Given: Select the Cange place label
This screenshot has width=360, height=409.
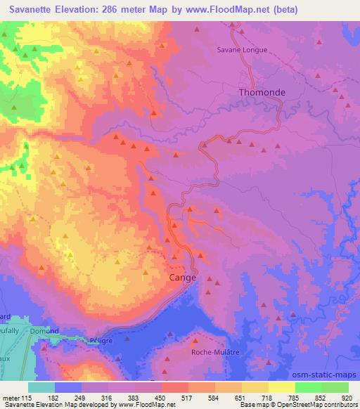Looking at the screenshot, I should tap(184, 278).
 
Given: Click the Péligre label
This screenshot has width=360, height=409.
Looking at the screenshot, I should tap(102, 339).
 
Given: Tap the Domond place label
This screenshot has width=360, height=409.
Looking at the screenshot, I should tap(44, 330).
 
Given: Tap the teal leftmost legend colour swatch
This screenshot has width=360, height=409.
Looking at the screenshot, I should tap(41, 387).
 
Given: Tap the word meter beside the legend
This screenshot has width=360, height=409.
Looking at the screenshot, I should tap(12, 397).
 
